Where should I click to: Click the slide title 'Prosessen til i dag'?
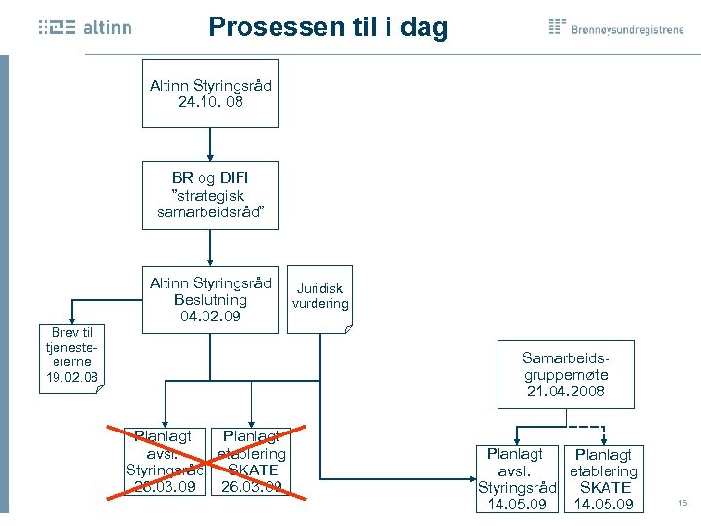tap(328, 26)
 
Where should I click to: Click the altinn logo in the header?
tap(85, 28)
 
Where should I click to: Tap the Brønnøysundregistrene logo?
tap(616, 27)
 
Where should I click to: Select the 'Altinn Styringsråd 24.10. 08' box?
tap(210, 94)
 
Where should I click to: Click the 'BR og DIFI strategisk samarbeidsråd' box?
tap(210, 195)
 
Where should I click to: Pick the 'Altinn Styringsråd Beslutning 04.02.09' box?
tap(210, 300)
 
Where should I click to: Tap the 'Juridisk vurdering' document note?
tap(320, 297)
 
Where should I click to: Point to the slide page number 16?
tap(682, 503)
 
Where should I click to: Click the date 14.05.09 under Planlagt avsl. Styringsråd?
tap(516, 504)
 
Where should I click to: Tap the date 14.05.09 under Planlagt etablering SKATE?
tap(604, 504)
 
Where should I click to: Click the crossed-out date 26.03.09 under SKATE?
tap(251, 486)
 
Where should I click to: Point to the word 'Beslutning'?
tap(210, 300)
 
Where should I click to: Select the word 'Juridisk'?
tap(320, 289)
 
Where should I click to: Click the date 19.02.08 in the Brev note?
tap(72, 377)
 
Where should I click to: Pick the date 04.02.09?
tap(210, 317)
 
